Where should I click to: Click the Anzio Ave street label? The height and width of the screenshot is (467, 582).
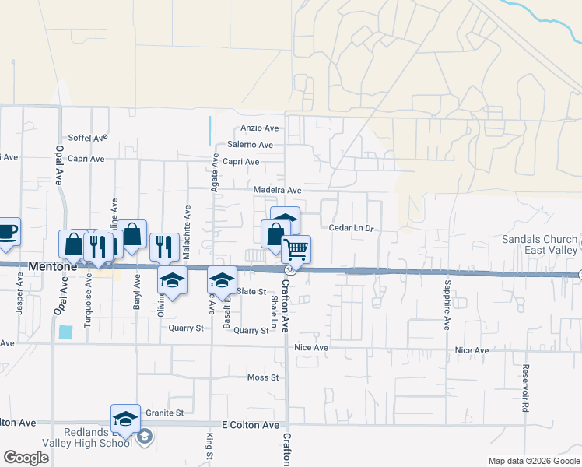coord(260,128)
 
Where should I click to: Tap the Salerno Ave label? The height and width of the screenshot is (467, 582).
coord(251,145)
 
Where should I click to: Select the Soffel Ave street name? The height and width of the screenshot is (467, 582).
coord(87,138)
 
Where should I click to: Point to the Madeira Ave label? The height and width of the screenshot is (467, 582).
coord(277,190)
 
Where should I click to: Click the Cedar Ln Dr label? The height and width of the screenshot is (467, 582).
coord(352,229)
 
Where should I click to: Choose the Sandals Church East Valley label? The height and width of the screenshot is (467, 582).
coord(539,244)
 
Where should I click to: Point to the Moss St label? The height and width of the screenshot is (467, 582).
coord(263,377)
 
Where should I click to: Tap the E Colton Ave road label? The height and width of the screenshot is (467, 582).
coord(251,425)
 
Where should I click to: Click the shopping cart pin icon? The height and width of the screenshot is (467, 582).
coord(296,250)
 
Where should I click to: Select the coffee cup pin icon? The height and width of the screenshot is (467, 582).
coord(7,230)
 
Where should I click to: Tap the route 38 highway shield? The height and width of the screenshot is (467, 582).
coord(290,270)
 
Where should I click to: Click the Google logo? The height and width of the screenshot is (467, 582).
coord(26,458)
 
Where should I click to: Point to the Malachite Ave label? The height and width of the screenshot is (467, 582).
coord(188,224)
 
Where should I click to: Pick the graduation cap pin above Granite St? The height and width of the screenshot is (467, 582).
coord(125,418)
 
